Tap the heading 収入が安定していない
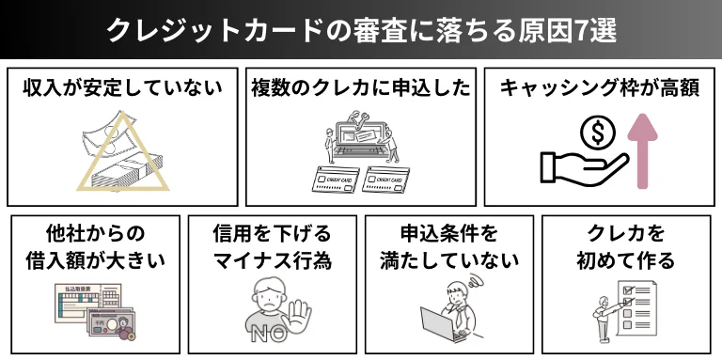(122, 89)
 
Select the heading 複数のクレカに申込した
(361, 89)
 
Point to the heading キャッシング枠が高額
(600, 89)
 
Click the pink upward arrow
(642, 150)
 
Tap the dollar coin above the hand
(597, 133)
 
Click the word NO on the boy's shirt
(268, 335)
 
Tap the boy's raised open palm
(299, 317)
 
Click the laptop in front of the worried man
(438, 323)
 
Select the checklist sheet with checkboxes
(636, 308)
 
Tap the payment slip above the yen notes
(87, 303)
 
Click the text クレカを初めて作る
(625, 247)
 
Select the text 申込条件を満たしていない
(449, 247)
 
